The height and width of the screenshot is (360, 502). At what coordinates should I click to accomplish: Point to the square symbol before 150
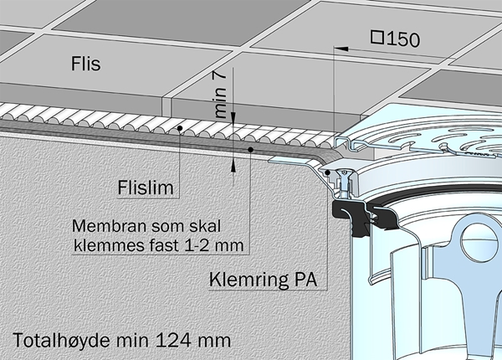click(377, 38)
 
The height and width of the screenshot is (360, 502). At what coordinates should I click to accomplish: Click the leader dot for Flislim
click(180, 128)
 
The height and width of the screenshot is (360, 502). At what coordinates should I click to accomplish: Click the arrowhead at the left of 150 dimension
click(338, 49)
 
